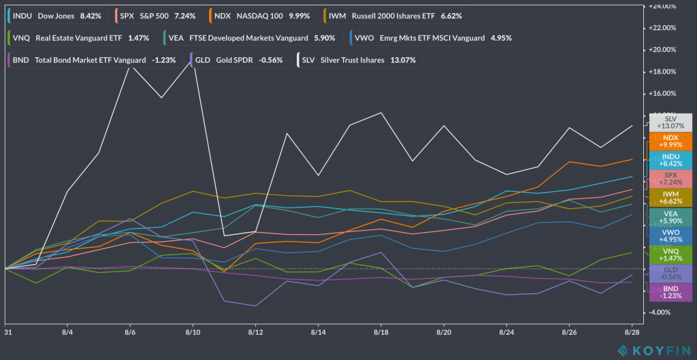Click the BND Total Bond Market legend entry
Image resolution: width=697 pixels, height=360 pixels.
(x=94, y=60)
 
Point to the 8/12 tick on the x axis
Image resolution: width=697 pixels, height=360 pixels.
(x=256, y=333)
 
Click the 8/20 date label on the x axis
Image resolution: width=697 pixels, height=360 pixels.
(x=444, y=333)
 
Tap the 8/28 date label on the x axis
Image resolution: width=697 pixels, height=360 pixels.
(x=632, y=333)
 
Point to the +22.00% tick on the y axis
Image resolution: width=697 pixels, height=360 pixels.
(x=662, y=28)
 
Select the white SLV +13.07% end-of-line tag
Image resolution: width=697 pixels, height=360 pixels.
(x=668, y=122)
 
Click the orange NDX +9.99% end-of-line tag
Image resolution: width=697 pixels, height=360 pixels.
(x=668, y=141)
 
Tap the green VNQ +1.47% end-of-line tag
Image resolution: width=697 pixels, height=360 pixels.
(x=668, y=255)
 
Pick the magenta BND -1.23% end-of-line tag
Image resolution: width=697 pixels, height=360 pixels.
(x=668, y=292)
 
